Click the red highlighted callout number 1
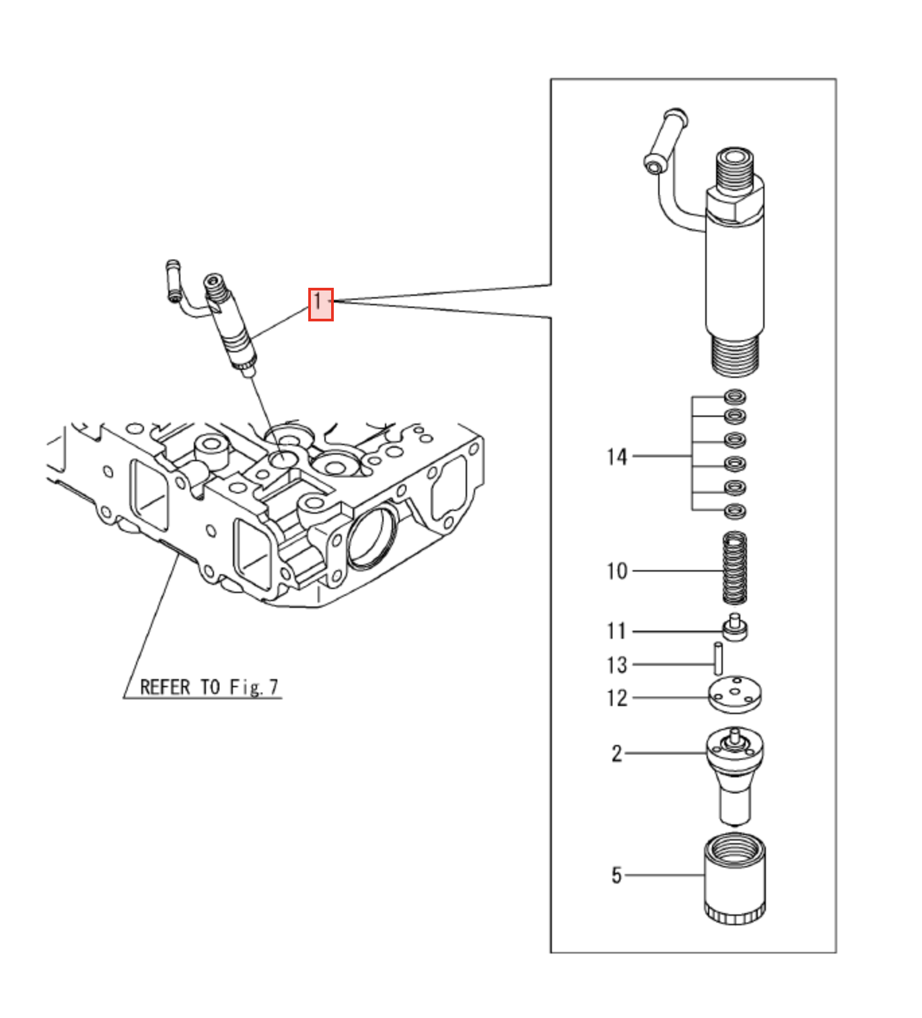(321, 304)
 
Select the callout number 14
(616, 457)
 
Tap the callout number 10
(616, 572)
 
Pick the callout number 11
(616, 631)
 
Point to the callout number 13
(616, 665)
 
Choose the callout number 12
(616, 698)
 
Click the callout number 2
(616, 754)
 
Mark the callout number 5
(616, 875)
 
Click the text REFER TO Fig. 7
(209, 687)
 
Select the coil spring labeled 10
(735, 569)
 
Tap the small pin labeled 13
(718, 659)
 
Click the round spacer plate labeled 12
(735, 695)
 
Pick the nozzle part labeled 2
(734, 773)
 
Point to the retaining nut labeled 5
(734, 877)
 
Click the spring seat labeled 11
(734, 630)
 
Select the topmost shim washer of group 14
(735, 396)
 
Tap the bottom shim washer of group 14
(735, 511)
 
